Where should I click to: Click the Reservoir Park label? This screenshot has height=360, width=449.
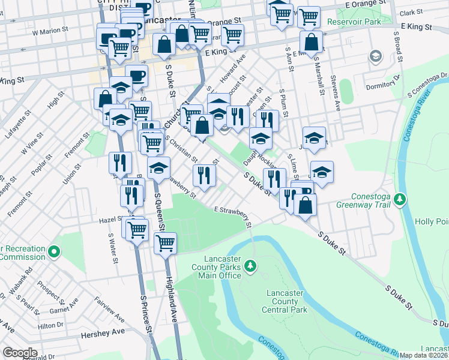click(x=355, y=22)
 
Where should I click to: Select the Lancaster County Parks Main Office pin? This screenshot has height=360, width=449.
click(x=250, y=265)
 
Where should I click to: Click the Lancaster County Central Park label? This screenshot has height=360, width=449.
click(x=285, y=301)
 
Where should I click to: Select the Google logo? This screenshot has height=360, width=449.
click(x=20, y=353)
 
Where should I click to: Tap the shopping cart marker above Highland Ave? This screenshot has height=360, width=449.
click(x=165, y=243)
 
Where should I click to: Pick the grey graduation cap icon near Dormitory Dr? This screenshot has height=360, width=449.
click(x=376, y=57)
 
